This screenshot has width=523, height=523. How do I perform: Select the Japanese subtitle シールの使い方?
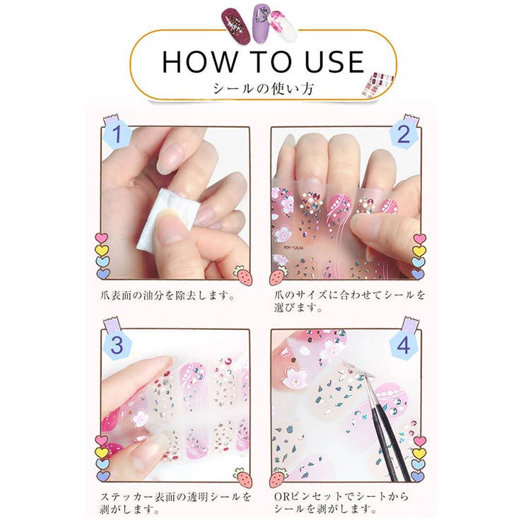click(x=261, y=88)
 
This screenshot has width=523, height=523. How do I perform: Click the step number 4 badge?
click(x=404, y=346)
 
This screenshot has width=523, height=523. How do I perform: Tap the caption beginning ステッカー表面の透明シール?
click(x=176, y=503)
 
